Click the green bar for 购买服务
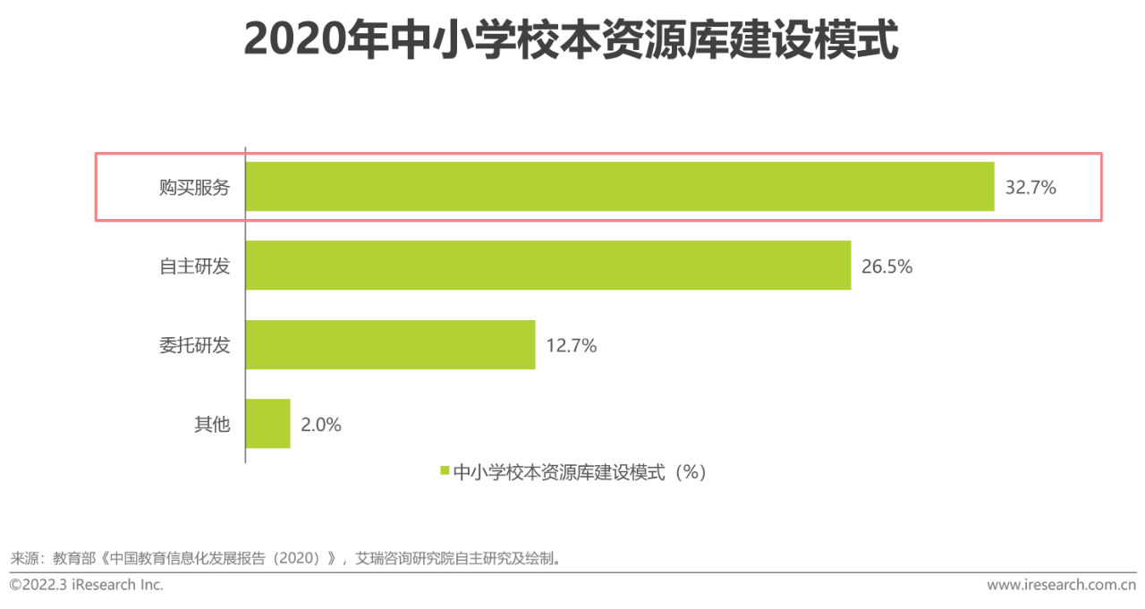point(619,187)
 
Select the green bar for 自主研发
point(547,266)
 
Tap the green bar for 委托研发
point(390,344)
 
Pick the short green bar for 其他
point(267,424)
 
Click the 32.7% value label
point(1030,188)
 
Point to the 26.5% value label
point(887,266)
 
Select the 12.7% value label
point(571,345)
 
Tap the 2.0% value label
point(321,425)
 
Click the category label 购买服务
point(194,188)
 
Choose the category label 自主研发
point(194,266)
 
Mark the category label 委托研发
point(194,345)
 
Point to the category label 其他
point(212,425)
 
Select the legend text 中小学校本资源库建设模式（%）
point(580,472)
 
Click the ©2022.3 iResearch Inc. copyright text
point(87,585)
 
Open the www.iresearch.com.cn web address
point(1061,585)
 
